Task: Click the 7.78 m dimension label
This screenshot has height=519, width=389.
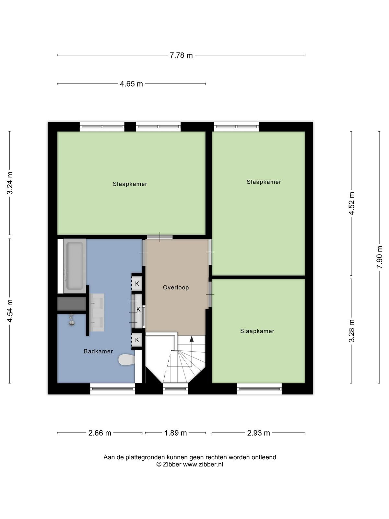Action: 181,55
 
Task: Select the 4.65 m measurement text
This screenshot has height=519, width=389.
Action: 131,84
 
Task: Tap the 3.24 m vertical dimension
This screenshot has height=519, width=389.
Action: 10,183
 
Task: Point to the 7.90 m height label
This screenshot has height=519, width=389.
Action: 379,257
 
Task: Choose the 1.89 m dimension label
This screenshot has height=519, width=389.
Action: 175,433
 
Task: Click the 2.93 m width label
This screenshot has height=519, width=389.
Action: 258,433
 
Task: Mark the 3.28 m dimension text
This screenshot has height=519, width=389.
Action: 351,331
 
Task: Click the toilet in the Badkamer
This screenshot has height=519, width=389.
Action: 127,360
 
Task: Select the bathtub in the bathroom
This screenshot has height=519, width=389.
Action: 75,266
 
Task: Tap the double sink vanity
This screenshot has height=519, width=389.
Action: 97,312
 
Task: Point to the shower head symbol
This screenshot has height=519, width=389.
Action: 72,320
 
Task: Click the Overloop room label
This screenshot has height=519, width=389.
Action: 176,287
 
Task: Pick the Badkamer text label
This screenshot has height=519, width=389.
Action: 98,351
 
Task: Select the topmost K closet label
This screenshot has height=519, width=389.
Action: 137,284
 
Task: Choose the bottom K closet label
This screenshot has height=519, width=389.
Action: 137,340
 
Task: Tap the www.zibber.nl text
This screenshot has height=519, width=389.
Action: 203,465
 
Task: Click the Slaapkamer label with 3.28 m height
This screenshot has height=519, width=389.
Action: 257,331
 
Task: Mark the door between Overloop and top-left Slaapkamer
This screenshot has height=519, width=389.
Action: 160,237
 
